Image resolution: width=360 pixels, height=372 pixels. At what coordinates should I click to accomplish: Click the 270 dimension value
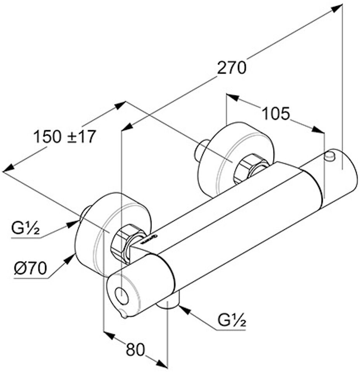click(x=232, y=68)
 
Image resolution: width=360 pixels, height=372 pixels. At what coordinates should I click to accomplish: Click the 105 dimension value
click(x=275, y=114)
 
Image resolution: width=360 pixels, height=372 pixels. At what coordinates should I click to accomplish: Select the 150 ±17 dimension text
click(x=64, y=137)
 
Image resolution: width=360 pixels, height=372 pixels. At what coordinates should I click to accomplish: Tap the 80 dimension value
click(x=135, y=350)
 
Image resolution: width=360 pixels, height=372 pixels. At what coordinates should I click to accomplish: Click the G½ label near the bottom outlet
click(x=232, y=320)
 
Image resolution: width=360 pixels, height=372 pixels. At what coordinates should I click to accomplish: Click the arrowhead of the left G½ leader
click(x=74, y=223)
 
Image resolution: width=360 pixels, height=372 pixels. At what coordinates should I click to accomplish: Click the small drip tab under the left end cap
click(x=123, y=315)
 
